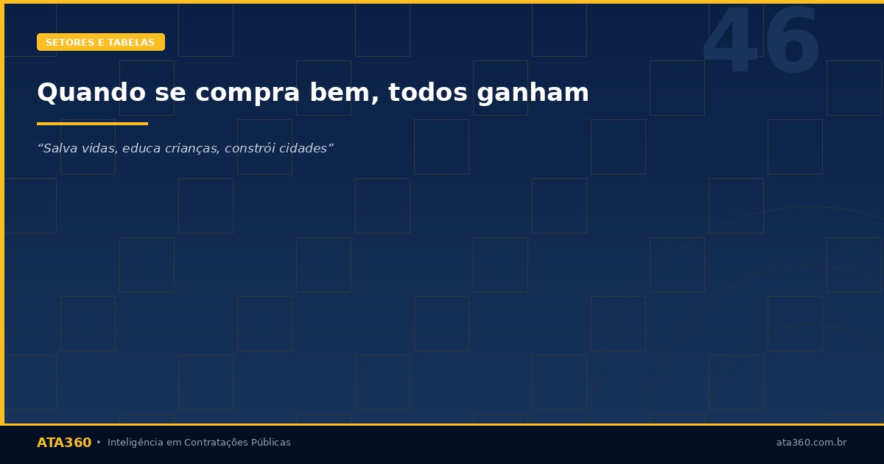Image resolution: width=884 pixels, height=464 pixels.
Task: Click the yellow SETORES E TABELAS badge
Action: coord(101,43)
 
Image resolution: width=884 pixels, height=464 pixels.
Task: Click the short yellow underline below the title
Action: coord(92,124)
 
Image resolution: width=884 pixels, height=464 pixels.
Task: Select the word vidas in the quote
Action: coord(99,149)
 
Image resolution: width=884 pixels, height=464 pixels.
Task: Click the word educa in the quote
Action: coord(140,149)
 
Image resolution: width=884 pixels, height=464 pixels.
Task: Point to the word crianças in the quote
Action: coord(190,149)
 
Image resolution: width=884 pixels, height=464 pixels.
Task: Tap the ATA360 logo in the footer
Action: coord(64,443)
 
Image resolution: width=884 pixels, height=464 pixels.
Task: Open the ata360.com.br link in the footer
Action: coord(811,443)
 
